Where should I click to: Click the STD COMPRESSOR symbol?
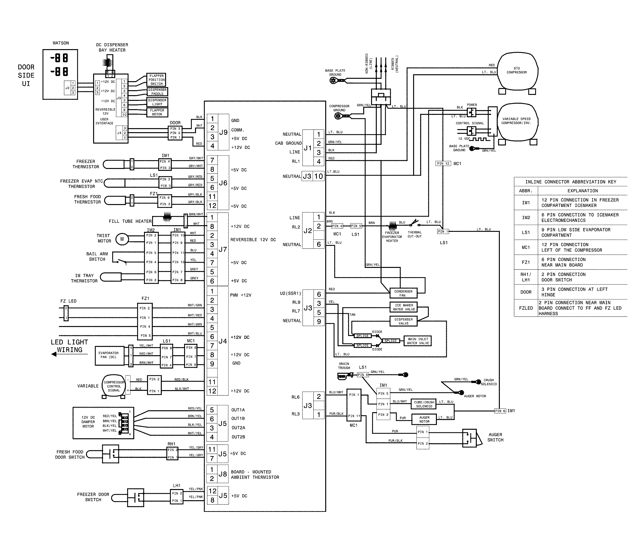click(x=517, y=70)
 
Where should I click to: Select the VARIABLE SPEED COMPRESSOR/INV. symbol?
click(x=517, y=122)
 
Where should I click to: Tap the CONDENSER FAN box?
click(x=403, y=293)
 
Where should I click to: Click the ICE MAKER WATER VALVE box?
click(x=404, y=307)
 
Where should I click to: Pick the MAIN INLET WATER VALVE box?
click(x=418, y=341)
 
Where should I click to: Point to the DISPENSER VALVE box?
click(x=404, y=321)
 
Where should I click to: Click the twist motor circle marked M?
click(x=122, y=239)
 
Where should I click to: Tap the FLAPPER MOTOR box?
click(x=157, y=112)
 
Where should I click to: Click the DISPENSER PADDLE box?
click(x=157, y=92)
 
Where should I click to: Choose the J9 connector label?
click(x=223, y=132)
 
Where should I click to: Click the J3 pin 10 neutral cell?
click(x=318, y=176)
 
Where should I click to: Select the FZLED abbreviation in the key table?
click(x=526, y=308)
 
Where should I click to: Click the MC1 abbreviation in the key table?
click(x=526, y=247)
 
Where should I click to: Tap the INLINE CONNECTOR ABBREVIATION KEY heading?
click(x=570, y=182)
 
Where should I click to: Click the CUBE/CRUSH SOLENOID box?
click(x=424, y=404)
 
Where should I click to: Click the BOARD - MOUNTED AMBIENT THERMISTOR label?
click(x=255, y=474)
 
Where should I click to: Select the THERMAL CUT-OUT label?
click(x=415, y=234)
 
